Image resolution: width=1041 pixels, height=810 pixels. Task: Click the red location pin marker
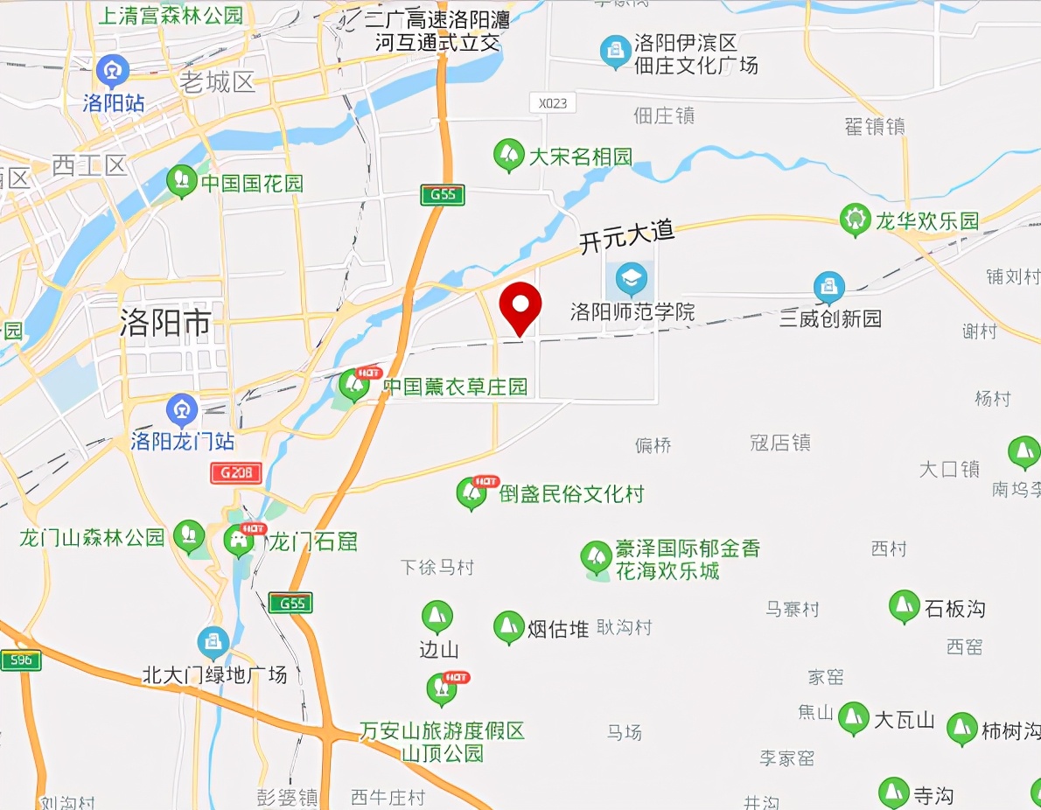(x=520, y=307)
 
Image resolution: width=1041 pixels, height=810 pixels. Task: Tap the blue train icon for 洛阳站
(x=113, y=70)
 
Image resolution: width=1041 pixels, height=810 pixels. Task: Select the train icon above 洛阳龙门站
(x=182, y=408)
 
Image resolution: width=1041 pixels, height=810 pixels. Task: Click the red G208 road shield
(x=236, y=473)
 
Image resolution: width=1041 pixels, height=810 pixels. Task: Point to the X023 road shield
(x=552, y=103)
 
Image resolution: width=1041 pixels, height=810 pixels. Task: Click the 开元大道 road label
(x=626, y=236)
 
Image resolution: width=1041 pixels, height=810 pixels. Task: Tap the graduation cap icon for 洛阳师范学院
(x=631, y=279)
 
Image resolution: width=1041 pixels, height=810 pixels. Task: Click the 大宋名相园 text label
(x=580, y=157)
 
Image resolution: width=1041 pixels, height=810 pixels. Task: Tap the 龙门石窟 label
(x=312, y=541)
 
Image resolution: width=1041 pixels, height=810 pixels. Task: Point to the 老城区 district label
(x=217, y=83)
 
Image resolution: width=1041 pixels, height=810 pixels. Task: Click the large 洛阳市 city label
(x=165, y=325)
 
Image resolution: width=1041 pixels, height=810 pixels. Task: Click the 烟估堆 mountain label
(x=557, y=628)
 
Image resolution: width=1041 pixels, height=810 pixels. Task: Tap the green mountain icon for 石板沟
(x=903, y=605)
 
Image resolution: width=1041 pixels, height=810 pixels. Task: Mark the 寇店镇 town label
(x=780, y=443)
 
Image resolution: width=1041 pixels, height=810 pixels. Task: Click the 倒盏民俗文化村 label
(x=571, y=494)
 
